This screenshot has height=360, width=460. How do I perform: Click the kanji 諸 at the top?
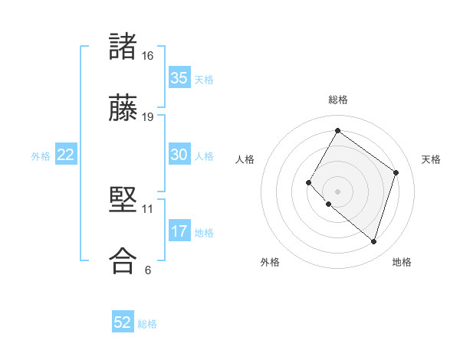122,47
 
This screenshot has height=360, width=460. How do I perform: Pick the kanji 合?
122,260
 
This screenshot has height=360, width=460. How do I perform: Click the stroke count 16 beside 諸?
148,56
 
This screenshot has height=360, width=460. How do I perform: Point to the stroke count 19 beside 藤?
148,116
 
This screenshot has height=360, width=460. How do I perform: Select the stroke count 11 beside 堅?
148,208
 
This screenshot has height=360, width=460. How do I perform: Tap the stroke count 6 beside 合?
148,269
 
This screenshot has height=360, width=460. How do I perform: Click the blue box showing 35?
179,78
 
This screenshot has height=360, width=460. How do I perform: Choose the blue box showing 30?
179,155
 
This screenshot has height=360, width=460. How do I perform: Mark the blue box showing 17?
179,231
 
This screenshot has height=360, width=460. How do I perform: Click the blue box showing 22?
66,155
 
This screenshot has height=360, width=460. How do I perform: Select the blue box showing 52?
123,322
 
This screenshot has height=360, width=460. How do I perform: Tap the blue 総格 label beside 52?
147,324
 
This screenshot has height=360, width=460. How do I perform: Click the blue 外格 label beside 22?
41,156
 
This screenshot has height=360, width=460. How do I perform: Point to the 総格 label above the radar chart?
337,100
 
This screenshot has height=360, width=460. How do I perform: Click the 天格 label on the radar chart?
431,159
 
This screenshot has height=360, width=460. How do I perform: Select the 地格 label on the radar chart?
402,262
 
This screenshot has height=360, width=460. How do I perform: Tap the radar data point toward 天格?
396,172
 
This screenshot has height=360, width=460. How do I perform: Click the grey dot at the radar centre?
337,191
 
